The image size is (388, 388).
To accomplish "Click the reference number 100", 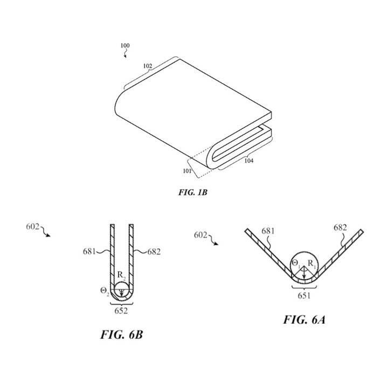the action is (x=125, y=45).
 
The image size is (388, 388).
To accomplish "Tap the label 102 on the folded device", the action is (x=148, y=66).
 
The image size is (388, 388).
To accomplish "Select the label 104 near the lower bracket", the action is (x=249, y=161).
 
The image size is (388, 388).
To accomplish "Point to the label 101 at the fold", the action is (x=187, y=171).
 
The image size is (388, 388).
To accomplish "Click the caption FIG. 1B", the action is (x=193, y=192).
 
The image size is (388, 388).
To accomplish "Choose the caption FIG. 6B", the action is (x=121, y=335).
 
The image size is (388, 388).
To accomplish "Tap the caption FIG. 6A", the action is (x=304, y=320).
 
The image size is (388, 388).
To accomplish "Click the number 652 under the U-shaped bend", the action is (x=121, y=310).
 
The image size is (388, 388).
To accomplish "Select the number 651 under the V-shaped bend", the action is (x=304, y=295).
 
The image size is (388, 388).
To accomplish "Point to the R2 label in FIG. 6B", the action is (x=121, y=275).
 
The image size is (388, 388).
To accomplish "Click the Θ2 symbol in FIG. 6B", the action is (x=105, y=291).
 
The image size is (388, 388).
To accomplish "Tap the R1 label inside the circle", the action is (x=312, y=264).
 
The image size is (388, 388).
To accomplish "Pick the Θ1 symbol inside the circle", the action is (x=296, y=264).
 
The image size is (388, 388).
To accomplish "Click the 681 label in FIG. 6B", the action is (x=89, y=252).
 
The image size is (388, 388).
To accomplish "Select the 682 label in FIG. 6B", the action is (x=154, y=252).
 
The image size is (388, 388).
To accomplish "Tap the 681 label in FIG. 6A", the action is (x=268, y=231).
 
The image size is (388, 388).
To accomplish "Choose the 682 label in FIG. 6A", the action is (x=340, y=227).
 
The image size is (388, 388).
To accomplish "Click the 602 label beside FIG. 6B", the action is (x=33, y=226).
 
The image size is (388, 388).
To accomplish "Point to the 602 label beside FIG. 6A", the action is (x=200, y=235).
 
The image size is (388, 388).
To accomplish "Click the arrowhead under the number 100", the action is (x=126, y=56).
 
